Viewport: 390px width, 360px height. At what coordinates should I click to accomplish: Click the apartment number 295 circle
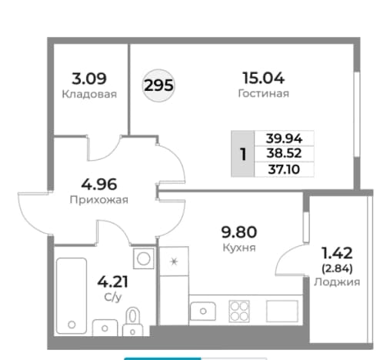[x=158, y=85]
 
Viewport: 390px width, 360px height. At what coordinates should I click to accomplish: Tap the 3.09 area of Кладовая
[x=89, y=78]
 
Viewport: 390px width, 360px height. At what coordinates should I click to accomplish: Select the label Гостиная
[x=264, y=94]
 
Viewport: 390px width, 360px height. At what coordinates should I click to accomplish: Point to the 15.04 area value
[x=264, y=78]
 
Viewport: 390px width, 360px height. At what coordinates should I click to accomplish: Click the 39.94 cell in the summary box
[x=284, y=138]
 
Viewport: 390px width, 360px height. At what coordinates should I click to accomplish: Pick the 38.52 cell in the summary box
[x=284, y=153]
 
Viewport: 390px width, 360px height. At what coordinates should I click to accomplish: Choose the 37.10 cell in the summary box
[x=284, y=169]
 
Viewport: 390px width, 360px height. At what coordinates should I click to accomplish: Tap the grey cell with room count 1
[x=242, y=154]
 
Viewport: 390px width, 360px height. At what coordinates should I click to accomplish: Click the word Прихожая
[x=99, y=200]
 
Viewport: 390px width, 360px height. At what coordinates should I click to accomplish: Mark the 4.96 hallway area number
[x=99, y=185]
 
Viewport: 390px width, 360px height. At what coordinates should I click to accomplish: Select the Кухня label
[x=239, y=248]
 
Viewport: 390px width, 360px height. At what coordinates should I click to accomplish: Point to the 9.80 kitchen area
[x=239, y=232]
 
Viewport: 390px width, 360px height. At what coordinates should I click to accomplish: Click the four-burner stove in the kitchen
[x=239, y=311]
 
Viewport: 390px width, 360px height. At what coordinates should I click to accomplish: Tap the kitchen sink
[x=203, y=311]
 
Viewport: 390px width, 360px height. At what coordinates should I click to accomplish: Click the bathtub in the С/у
[x=72, y=296]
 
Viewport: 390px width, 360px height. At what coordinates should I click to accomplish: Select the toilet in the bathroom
[x=132, y=322]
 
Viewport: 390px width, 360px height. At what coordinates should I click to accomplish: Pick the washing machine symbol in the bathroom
[x=144, y=258]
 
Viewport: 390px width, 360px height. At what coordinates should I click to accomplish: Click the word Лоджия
[x=337, y=282]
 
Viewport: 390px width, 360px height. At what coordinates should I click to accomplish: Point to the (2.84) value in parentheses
[x=337, y=268]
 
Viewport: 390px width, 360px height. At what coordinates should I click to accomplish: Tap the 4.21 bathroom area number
[x=112, y=282]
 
